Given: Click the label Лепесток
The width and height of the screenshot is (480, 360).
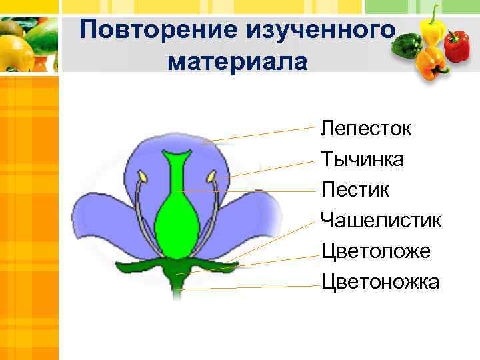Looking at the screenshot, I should [365, 128].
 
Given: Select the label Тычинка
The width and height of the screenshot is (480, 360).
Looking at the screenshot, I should [362, 159].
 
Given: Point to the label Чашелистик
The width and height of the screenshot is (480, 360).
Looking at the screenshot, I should [381, 221].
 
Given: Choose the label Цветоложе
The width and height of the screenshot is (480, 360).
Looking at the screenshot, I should [375, 251].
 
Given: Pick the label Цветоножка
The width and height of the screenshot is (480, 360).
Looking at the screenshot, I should [380, 282].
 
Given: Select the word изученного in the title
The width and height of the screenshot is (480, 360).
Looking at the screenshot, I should [319, 31].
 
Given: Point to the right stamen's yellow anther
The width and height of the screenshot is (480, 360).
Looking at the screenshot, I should [211, 177].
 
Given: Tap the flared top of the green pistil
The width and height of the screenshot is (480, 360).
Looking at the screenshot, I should [176, 158].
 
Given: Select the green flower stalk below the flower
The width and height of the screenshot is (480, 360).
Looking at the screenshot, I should [177, 287].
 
